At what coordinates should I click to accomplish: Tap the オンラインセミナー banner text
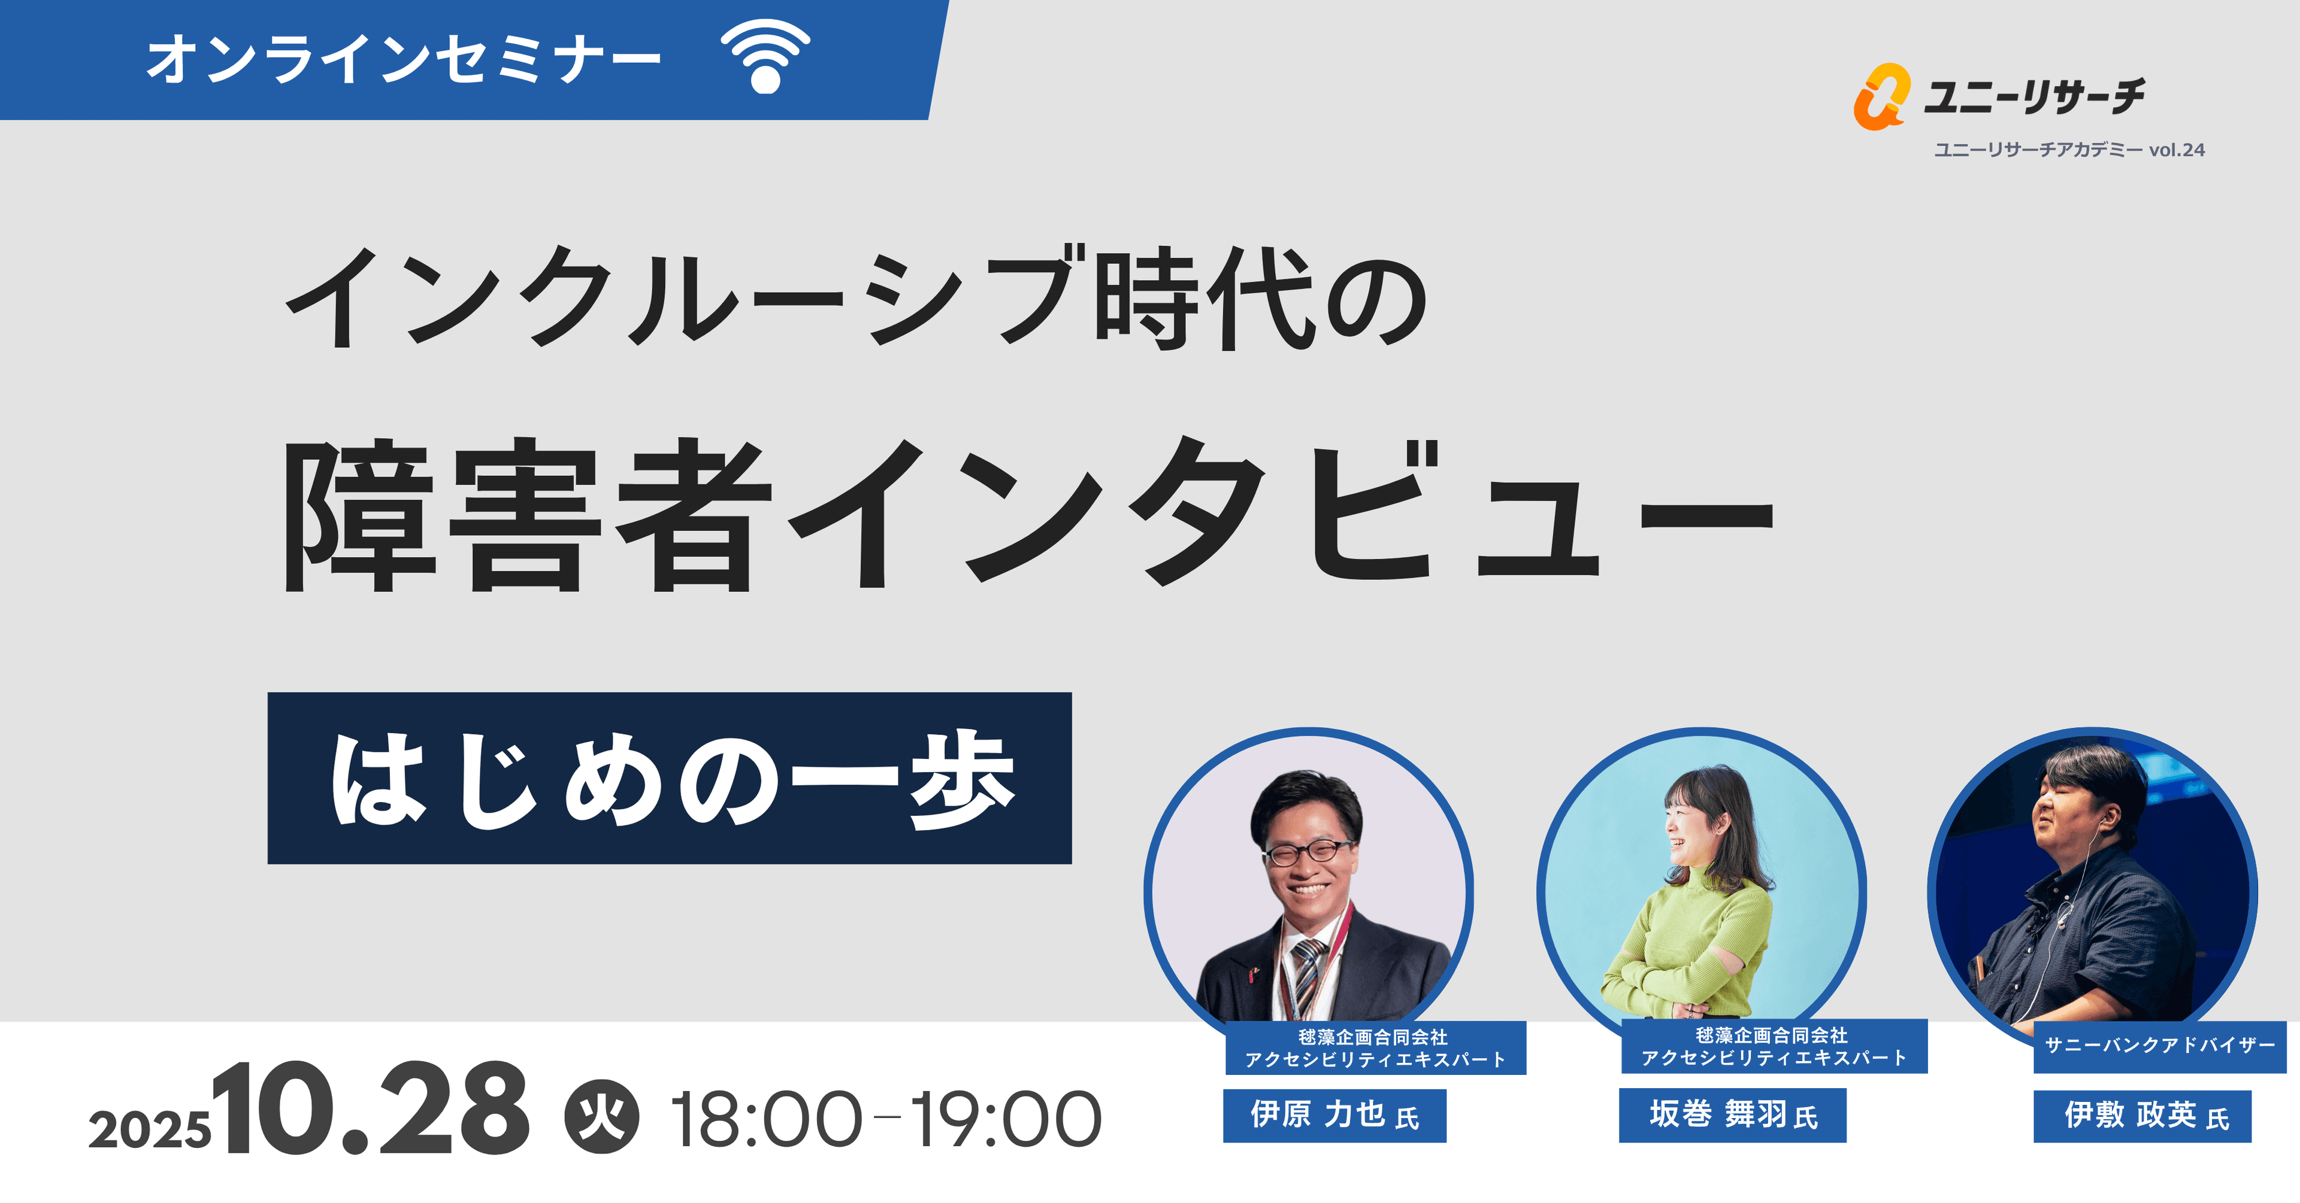click(404, 59)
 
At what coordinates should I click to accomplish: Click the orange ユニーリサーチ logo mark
click(1880, 96)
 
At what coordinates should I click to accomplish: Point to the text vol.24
click(2176, 150)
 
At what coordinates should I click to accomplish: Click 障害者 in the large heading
click(527, 516)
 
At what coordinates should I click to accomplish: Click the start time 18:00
click(766, 1119)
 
